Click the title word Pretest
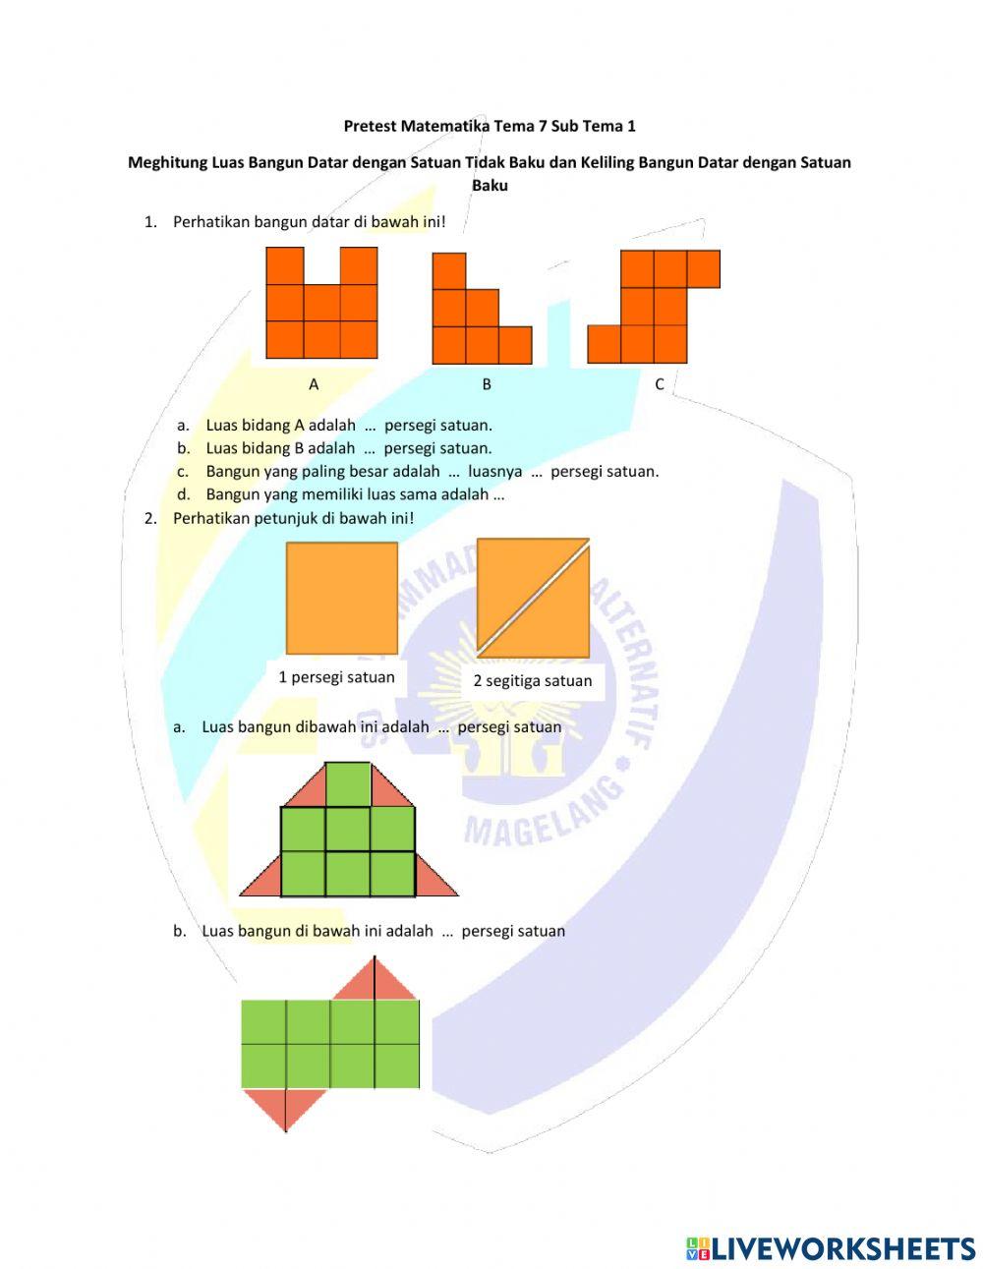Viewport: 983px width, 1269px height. pos(371,126)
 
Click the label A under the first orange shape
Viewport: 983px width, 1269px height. pos(314,384)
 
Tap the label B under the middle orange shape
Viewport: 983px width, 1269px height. pos(487,384)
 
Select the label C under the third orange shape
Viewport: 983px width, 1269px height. pos(660,384)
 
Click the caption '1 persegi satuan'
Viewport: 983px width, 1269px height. pos(336,677)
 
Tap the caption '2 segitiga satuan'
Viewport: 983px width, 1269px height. pos(533,680)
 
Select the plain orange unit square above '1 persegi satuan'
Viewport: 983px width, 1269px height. pos(341,598)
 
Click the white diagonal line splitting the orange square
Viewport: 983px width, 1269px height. pos(533,598)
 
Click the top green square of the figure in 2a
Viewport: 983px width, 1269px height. pos(348,783)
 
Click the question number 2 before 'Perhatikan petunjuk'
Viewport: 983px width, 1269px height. pos(150,517)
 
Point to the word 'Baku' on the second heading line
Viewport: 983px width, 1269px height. pos(490,185)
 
